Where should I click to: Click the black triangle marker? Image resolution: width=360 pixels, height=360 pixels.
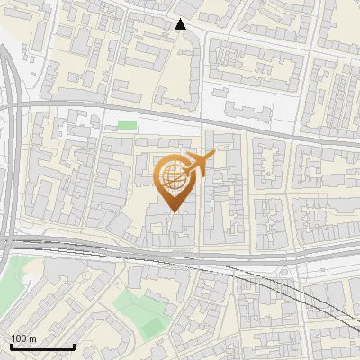181,24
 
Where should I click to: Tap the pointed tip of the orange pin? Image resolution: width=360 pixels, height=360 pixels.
174,212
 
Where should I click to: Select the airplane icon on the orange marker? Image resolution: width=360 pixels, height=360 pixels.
199,164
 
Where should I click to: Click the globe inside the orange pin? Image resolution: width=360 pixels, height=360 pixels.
173,176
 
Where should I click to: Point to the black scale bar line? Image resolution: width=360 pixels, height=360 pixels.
42,346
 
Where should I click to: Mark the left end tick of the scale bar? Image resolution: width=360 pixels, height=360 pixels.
11,346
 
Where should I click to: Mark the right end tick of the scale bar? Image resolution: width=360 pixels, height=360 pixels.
74,346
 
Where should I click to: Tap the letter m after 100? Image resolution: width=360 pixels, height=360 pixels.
31,338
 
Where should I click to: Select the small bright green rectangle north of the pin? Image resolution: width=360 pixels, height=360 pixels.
128,125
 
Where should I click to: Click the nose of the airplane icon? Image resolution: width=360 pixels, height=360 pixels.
213,156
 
